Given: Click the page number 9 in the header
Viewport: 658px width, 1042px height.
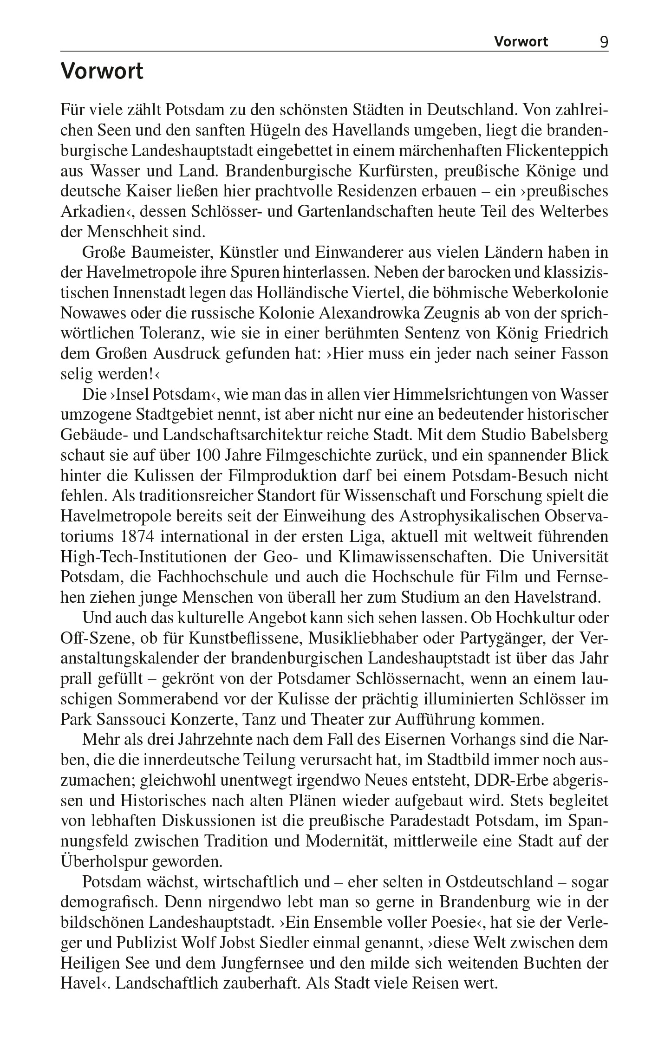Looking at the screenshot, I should (x=604, y=42).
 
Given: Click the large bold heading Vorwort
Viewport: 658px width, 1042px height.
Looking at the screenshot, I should (x=102, y=72).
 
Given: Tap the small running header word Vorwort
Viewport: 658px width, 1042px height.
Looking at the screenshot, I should (x=521, y=42).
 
